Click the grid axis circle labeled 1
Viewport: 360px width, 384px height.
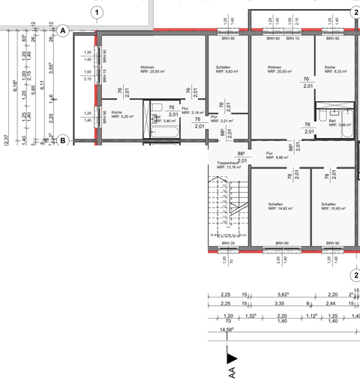(98, 11)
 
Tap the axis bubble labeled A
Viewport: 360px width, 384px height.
(63, 31)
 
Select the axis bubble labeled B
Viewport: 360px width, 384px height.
(63, 139)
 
